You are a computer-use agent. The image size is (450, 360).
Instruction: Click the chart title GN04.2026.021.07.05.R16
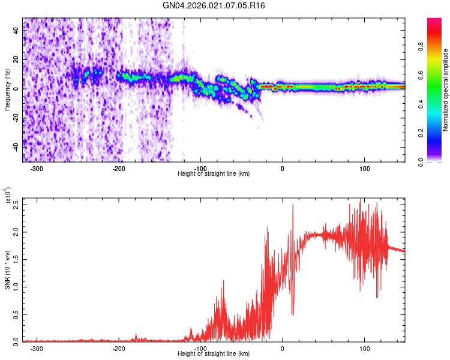[214, 5]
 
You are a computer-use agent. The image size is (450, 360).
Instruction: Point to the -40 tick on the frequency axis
[15, 146]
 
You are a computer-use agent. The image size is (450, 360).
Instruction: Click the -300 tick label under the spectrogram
[37, 168]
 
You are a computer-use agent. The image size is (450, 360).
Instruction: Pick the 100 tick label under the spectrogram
[364, 168]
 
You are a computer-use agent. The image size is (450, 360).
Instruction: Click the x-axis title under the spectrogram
[214, 174]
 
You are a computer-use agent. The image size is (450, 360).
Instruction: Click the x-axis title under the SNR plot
[214, 354]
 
